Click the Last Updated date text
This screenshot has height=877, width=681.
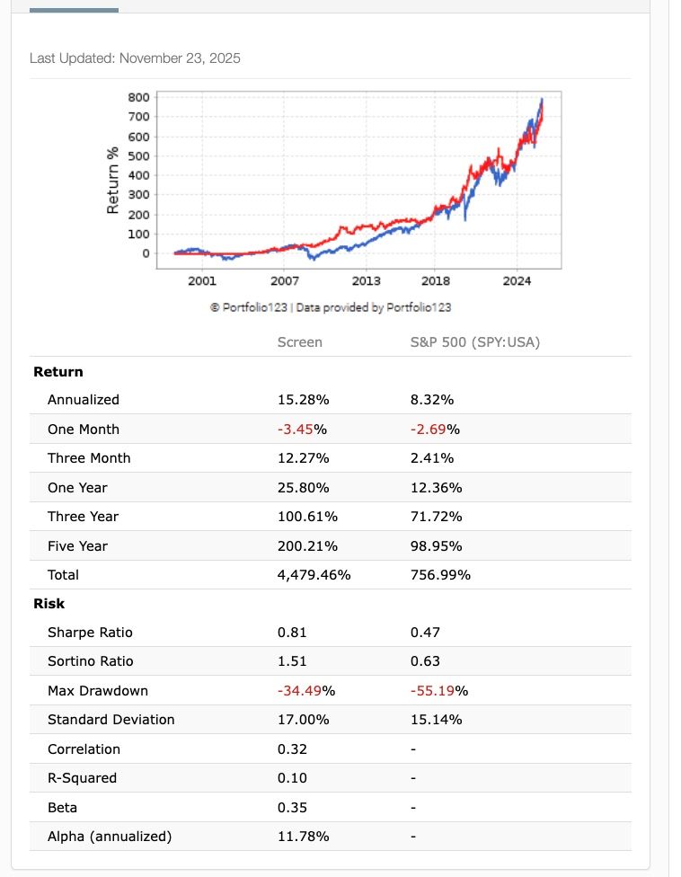click(x=135, y=58)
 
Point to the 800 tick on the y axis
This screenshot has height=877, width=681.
click(x=139, y=97)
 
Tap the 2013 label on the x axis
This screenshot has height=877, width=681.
click(x=366, y=281)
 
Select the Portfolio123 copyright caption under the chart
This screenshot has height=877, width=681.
click(x=331, y=307)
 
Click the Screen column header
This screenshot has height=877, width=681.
click(x=300, y=341)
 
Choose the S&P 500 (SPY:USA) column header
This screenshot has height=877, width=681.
click(x=475, y=341)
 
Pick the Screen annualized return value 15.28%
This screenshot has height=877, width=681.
click(x=304, y=400)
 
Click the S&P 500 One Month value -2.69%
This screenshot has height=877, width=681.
click(x=435, y=429)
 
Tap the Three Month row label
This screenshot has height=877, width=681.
click(x=89, y=458)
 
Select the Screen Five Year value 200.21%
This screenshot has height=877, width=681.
click(x=308, y=545)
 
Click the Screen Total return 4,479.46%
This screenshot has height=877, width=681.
click(x=314, y=575)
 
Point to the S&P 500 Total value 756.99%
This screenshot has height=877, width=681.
click(x=440, y=575)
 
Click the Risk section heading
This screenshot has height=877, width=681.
click(x=49, y=604)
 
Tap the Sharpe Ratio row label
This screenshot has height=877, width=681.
click(x=90, y=633)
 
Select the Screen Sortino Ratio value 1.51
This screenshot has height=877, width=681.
click(x=292, y=661)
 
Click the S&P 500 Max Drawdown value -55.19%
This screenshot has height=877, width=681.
click(x=439, y=691)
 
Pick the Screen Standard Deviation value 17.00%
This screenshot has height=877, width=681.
click(x=304, y=720)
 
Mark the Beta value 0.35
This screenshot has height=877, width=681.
click(x=292, y=808)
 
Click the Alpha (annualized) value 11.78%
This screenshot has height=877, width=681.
click(x=304, y=837)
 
